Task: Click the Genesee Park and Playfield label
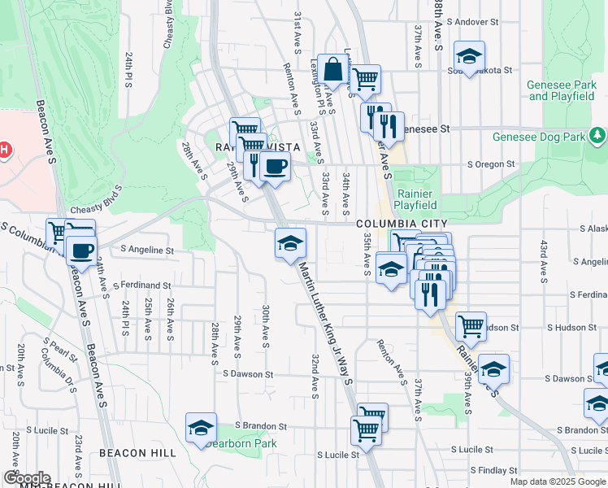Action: click(561, 90)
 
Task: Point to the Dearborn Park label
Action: click(241, 443)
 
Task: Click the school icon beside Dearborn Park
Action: click(202, 428)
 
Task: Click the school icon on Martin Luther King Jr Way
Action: click(290, 242)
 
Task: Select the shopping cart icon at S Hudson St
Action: click(471, 326)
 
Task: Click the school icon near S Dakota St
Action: click(469, 55)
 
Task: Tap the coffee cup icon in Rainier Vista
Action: click(275, 166)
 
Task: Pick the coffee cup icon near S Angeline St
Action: click(80, 249)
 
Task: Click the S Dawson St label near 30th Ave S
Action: click(249, 374)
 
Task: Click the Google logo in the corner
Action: click(26, 478)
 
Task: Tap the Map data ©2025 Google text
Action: click(558, 481)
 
